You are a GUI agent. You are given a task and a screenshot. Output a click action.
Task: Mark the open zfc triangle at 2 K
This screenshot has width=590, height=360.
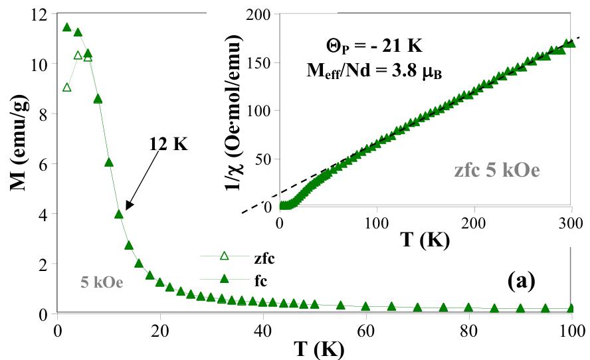pos(66,88)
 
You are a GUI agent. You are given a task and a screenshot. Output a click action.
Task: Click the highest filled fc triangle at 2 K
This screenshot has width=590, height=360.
pos(66,27)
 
